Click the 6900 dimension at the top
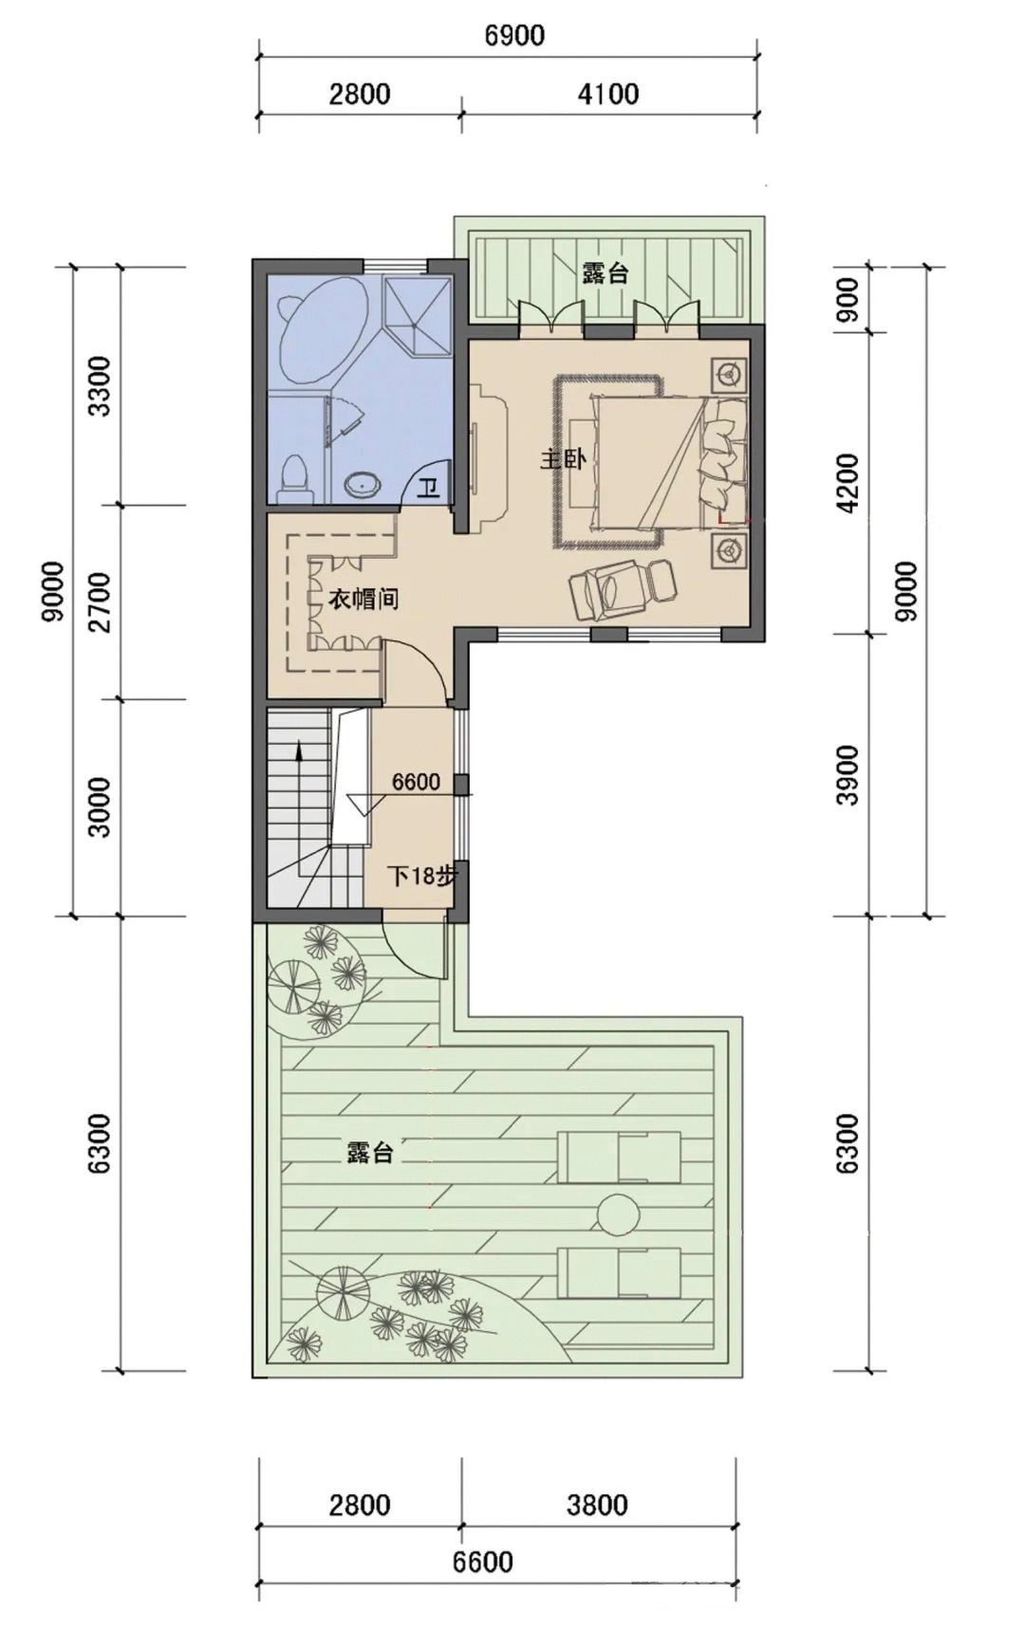514,36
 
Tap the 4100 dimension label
607,94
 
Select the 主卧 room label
562,460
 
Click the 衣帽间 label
363,600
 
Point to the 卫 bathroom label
429,489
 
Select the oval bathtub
321,330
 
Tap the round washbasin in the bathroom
363,486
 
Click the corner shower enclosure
416,311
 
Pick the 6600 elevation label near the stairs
416,782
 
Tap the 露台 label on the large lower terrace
369,1153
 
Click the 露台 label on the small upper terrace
606,274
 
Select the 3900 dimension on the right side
848,775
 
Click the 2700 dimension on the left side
101,602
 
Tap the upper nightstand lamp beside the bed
729,374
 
